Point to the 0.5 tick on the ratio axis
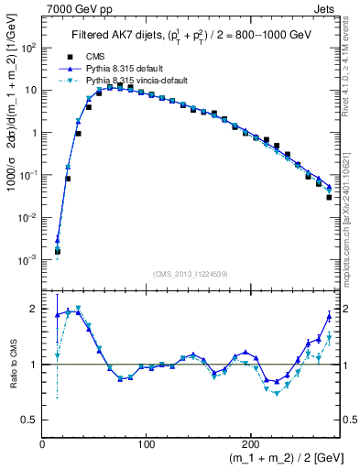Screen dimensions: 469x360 (x=30, y=420)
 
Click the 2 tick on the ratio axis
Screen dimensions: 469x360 (x=35, y=310)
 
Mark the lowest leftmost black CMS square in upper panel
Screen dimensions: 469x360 (x=57, y=250)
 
